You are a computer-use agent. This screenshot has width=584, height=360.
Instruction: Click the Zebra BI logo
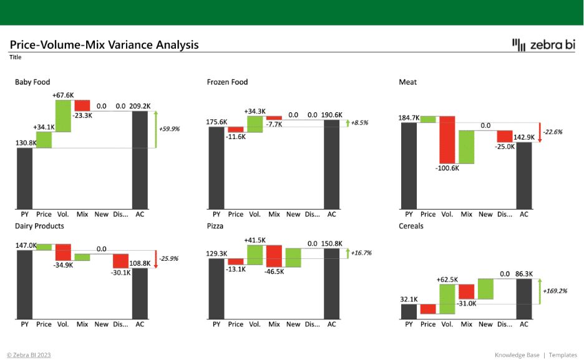click(x=543, y=45)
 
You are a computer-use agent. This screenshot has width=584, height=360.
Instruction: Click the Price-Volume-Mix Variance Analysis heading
click(x=104, y=45)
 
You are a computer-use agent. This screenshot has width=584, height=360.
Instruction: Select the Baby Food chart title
click(x=32, y=82)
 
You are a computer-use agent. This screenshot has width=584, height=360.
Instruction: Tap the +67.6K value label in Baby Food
click(x=63, y=95)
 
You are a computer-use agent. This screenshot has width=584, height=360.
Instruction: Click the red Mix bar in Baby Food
click(x=82, y=105)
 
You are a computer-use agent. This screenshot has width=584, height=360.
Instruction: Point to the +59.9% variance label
click(x=170, y=129)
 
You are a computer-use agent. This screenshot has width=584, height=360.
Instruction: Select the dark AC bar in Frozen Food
click(x=331, y=165)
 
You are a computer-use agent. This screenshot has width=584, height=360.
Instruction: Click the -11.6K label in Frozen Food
click(x=236, y=137)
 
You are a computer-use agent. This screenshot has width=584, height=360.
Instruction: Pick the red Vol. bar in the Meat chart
click(x=447, y=140)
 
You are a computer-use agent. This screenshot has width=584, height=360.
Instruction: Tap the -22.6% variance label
click(x=553, y=132)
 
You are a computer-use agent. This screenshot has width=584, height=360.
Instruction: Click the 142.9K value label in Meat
click(x=524, y=137)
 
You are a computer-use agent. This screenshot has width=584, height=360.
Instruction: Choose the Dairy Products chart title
click(x=39, y=226)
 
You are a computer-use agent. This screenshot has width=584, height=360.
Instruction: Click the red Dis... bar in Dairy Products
click(x=120, y=261)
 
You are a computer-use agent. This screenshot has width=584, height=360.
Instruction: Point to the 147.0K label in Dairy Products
click(x=26, y=245)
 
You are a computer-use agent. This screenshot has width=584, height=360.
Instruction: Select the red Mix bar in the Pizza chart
click(x=274, y=256)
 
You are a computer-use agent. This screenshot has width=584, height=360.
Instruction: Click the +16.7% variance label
click(x=361, y=253)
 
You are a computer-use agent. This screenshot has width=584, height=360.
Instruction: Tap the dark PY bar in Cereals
click(x=409, y=311)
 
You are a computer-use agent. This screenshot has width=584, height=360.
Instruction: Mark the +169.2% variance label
click(x=555, y=291)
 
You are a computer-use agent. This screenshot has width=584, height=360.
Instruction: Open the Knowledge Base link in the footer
click(x=517, y=355)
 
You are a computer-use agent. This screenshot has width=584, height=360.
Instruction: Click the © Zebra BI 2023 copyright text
click(x=29, y=355)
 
